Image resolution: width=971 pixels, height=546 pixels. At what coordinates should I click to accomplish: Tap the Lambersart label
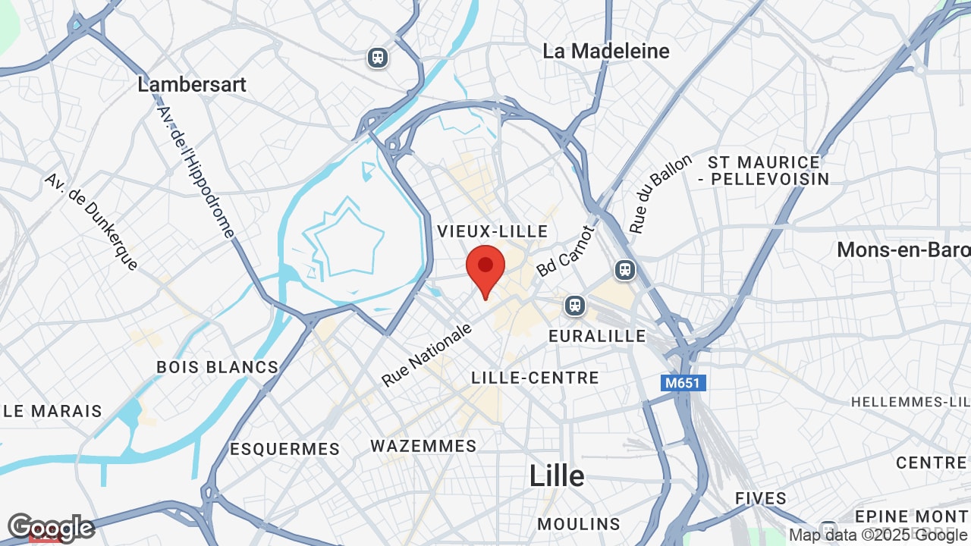192,84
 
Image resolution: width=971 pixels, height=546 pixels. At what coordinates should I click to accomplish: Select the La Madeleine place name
606,51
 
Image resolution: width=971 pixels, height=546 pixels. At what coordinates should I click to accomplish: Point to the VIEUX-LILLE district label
492,231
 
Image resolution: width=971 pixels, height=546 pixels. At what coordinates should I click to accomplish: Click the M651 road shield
683,383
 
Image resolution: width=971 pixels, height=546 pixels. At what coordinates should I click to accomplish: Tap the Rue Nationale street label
428,354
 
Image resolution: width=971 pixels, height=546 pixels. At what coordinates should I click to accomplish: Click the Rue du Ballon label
661,193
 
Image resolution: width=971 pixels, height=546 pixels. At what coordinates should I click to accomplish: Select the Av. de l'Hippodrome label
197,171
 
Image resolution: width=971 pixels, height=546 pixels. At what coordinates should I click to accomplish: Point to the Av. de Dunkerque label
92,221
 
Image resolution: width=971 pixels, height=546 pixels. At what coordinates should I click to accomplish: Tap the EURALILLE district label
597,336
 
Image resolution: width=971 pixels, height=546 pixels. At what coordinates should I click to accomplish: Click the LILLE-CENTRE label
535,378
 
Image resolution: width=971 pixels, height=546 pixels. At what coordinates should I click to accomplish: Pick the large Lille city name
557,476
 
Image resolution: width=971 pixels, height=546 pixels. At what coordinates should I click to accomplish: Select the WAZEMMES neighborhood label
423,446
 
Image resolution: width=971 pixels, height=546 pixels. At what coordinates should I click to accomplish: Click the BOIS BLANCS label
217,367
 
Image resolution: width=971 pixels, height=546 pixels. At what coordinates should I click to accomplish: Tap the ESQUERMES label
284,449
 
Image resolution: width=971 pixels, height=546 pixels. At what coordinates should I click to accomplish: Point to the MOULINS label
578,524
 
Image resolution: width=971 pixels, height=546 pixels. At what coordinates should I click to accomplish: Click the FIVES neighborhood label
760,498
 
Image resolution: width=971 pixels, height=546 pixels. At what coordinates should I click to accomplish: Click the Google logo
50,527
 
